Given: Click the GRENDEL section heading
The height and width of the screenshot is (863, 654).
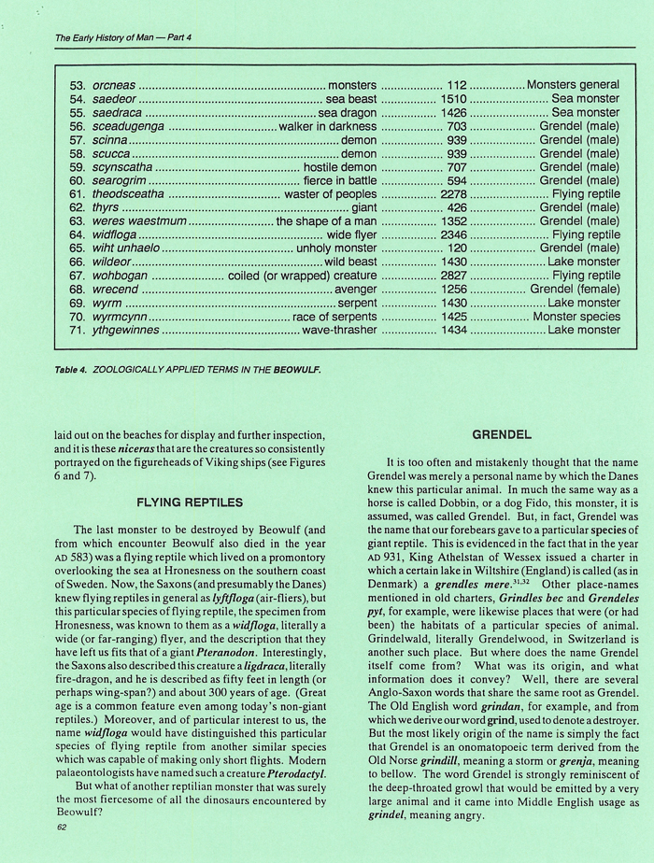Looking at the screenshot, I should point(502,434).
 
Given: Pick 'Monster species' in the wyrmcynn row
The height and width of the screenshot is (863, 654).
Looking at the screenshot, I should point(576,317).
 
